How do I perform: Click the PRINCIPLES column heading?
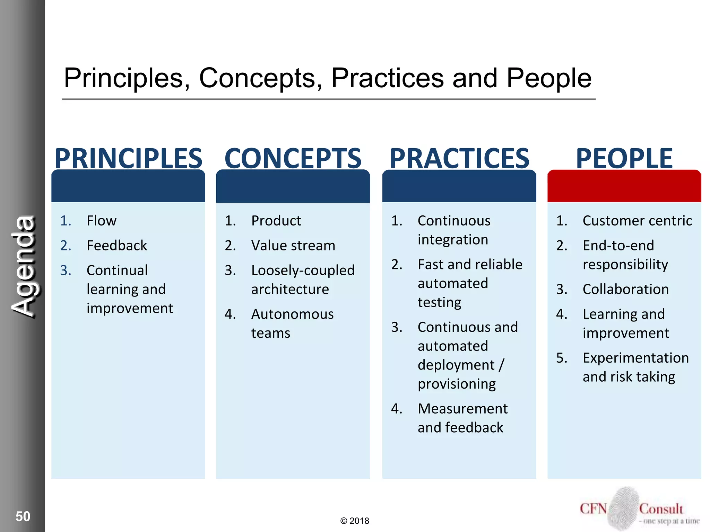[x=128, y=158]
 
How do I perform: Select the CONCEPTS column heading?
[x=293, y=158]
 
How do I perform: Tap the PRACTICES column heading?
[x=459, y=158]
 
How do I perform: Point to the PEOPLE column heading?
[x=624, y=158]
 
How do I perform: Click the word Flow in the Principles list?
[x=102, y=221]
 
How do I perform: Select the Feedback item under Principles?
[x=117, y=246]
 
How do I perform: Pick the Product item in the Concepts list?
[x=276, y=221]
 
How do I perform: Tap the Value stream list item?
[x=293, y=246]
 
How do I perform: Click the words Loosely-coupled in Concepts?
[x=303, y=271]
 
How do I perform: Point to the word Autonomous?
[x=293, y=314]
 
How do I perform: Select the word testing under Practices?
[x=439, y=302]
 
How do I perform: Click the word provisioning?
[x=457, y=384]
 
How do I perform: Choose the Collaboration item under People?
[x=626, y=289]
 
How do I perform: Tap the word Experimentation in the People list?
[x=636, y=358]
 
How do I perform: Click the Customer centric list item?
[x=637, y=221]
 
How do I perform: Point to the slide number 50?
[x=23, y=516]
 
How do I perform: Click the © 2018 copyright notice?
[x=355, y=521]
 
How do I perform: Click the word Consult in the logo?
[x=661, y=509]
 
